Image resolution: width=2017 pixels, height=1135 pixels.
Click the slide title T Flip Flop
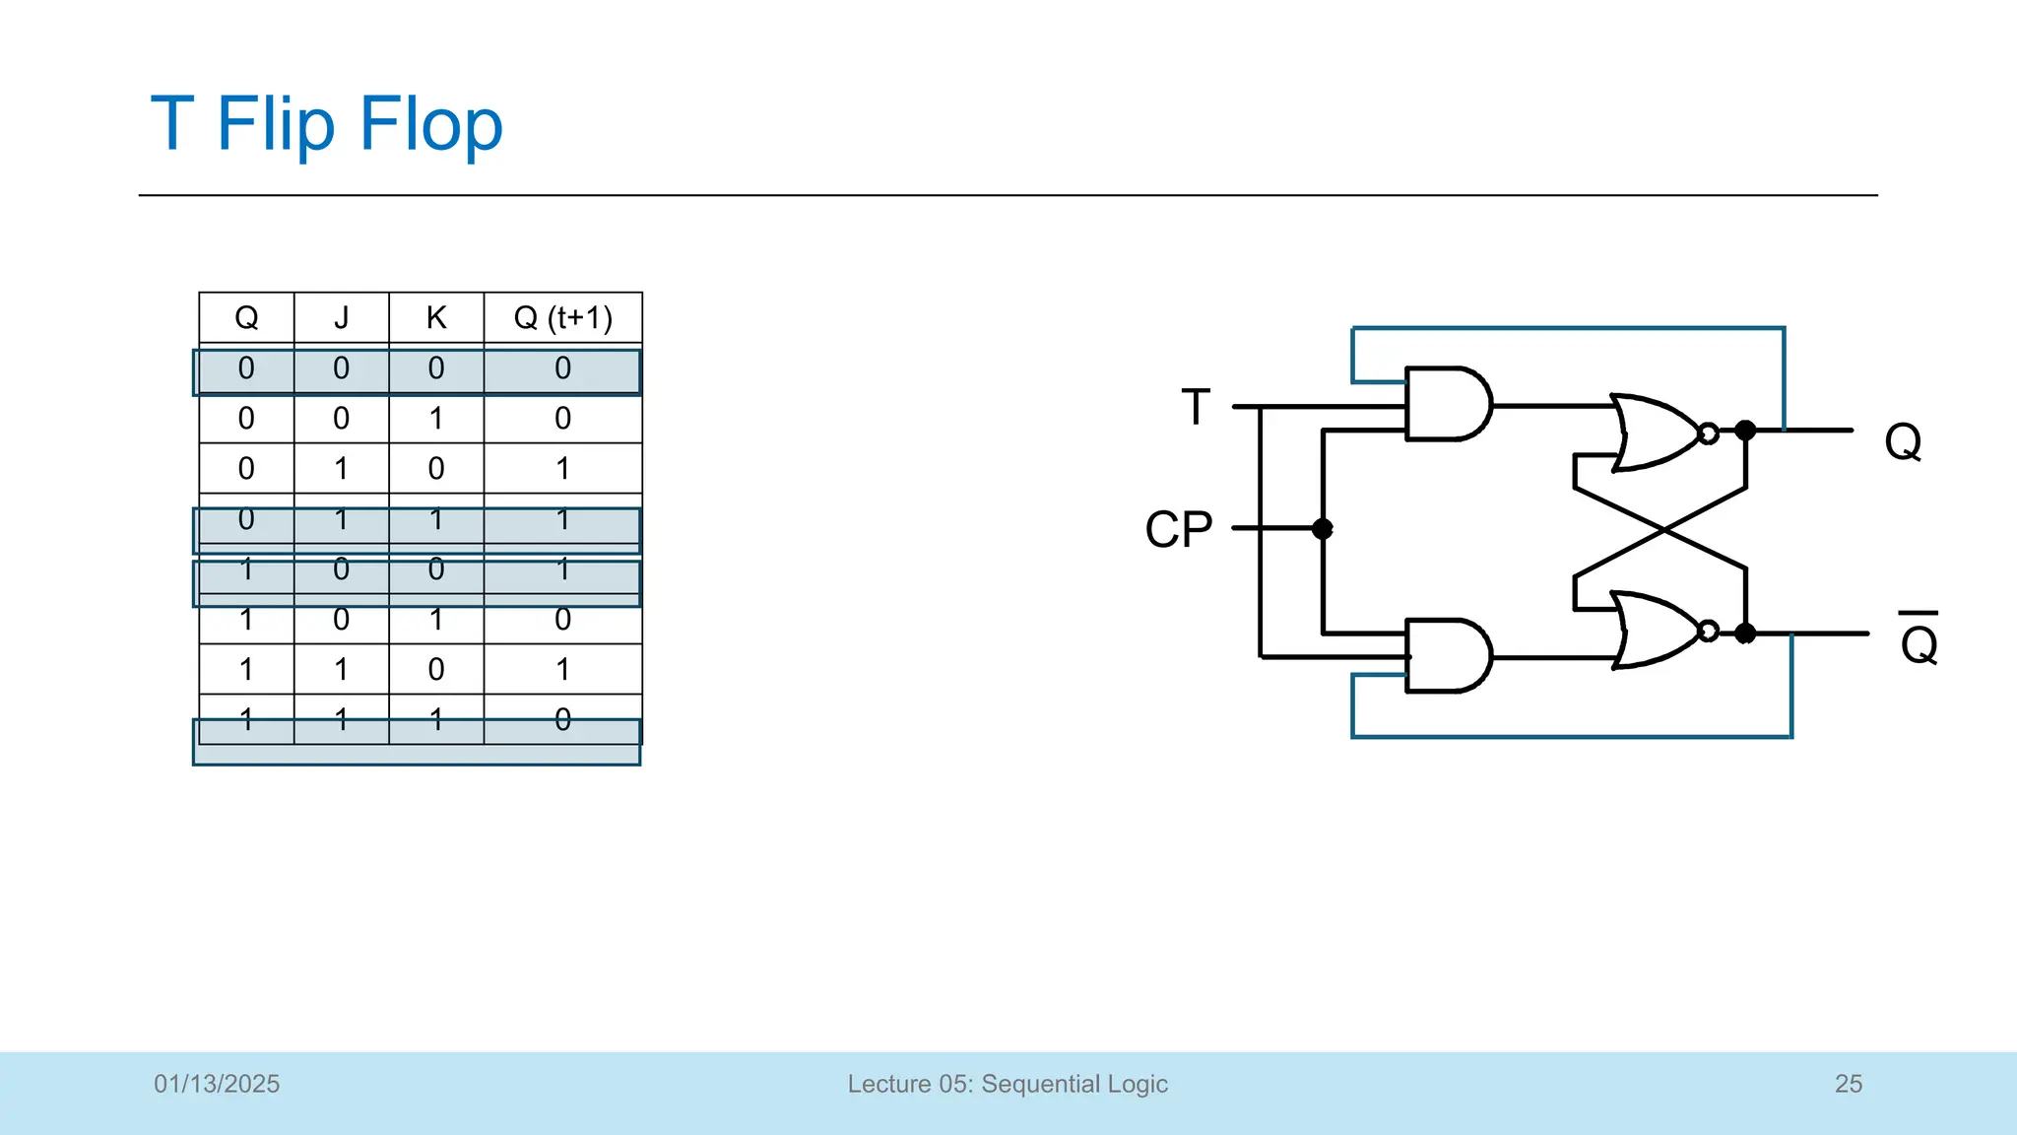[x=326, y=124]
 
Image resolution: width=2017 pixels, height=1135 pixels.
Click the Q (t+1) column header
[x=562, y=317]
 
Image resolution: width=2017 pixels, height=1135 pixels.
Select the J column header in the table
[x=341, y=317]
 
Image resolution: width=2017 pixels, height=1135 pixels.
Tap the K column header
[x=436, y=317]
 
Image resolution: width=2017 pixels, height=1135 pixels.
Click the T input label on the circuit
[x=1195, y=407]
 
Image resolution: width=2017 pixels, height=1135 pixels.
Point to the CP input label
[x=1178, y=529]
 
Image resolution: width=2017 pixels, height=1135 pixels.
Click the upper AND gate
[x=1446, y=404]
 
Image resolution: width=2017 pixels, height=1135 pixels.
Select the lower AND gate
[x=1446, y=655]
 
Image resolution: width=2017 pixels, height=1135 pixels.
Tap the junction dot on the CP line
[x=1323, y=529]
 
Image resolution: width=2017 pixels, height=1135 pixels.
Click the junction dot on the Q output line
[x=1745, y=431]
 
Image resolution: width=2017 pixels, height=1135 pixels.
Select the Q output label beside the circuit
[x=1902, y=440]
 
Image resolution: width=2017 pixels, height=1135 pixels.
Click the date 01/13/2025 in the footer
[x=217, y=1084]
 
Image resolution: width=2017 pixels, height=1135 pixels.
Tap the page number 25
[x=1848, y=1084]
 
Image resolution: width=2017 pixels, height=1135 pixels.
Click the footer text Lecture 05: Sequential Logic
[x=1008, y=1084]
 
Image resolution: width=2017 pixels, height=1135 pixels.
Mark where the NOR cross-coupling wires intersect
[x=1661, y=530]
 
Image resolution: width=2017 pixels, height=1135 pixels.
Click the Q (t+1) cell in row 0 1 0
[x=562, y=469]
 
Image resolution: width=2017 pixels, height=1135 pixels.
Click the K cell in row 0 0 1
[x=436, y=419]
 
